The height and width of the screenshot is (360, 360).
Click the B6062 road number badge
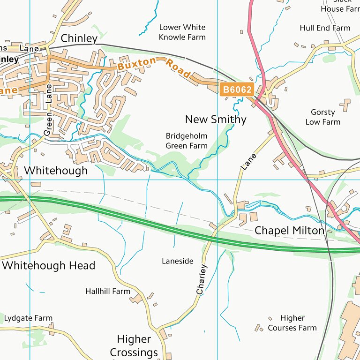pyautogui.click(x=237, y=89)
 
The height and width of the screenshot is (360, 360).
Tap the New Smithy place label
pyautogui.click(x=216, y=120)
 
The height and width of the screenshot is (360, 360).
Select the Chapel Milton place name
pyautogui.click(x=289, y=231)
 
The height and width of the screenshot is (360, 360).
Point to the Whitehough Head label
pyautogui.click(x=49, y=266)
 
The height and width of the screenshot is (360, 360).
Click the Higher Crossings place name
pyautogui.click(x=134, y=345)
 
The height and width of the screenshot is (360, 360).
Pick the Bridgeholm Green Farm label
pyautogui.click(x=187, y=141)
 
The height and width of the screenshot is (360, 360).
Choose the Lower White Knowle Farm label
pyautogui.click(x=182, y=32)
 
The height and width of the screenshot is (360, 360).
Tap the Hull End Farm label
pyautogui.click(x=325, y=28)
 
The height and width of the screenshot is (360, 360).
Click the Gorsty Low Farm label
pyautogui.click(x=323, y=117)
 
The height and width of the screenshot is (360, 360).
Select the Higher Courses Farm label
pyautogui.click(x=292, y=323)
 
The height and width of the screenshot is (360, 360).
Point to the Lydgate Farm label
pyautogui.click(x=28, y=318)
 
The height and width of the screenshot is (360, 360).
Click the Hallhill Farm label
pyautogui.click(x=108, y=292)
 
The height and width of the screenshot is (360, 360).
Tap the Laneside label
pyautogui.click(x=178, y=261)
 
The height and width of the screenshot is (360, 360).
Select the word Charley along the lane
pyautogui.click(x=202, y=280)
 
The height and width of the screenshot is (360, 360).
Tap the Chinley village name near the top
pyautogui.click(x=79, y=38)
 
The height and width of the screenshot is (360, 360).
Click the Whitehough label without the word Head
pyautogui.click(x=56, y=171)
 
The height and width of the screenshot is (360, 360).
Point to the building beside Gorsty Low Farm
pyautogui.click(x=346, y=105)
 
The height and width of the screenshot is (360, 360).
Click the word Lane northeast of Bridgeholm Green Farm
pyautogui.click(x=249, y=161)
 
